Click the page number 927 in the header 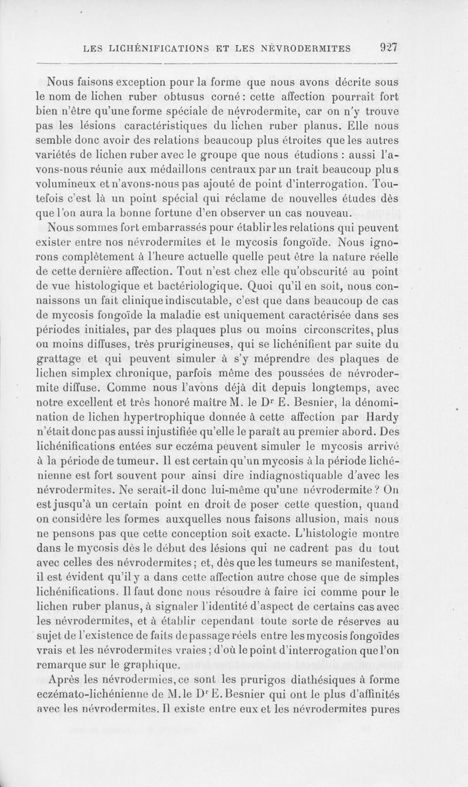(387, 47)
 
